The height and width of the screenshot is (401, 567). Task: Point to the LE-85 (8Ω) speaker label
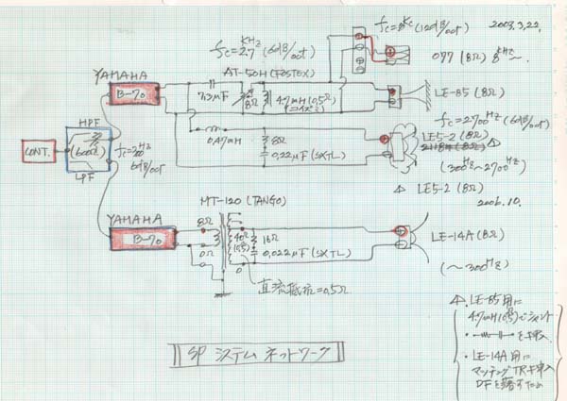coord(458,92)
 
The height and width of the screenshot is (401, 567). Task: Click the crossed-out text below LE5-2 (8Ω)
coord(453,147)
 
